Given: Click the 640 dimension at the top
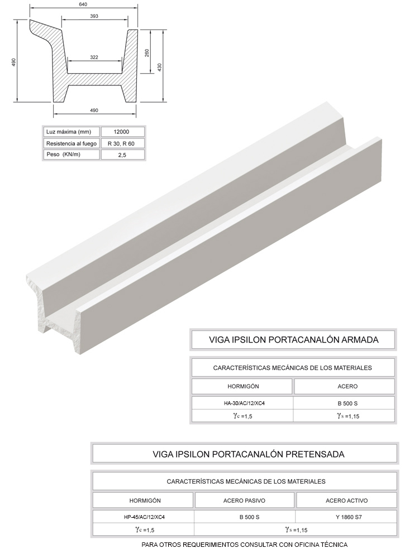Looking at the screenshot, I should (83, 4).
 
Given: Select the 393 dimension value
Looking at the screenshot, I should (94, 16).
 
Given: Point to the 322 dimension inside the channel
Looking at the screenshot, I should (94, 57).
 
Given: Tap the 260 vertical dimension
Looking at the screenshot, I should (147, 52).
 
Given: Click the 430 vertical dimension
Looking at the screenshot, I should (159, 66).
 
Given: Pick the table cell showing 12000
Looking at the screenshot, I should (123, 132).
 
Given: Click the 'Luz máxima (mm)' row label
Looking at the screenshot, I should (68, 132).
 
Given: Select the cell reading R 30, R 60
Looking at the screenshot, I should (123, 143).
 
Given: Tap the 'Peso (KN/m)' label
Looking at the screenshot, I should (63, 155).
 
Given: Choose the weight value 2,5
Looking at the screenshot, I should (123, 155).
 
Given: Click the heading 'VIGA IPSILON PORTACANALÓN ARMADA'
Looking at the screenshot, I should (293, 339).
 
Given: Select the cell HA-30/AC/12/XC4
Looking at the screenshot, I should (241, 402).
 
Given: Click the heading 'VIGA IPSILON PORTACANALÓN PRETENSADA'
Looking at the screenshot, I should (248, 454).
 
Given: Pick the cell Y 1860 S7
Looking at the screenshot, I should (346, 517).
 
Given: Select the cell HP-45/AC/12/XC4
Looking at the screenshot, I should (145, 517).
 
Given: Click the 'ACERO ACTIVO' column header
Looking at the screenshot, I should (346, 501).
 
